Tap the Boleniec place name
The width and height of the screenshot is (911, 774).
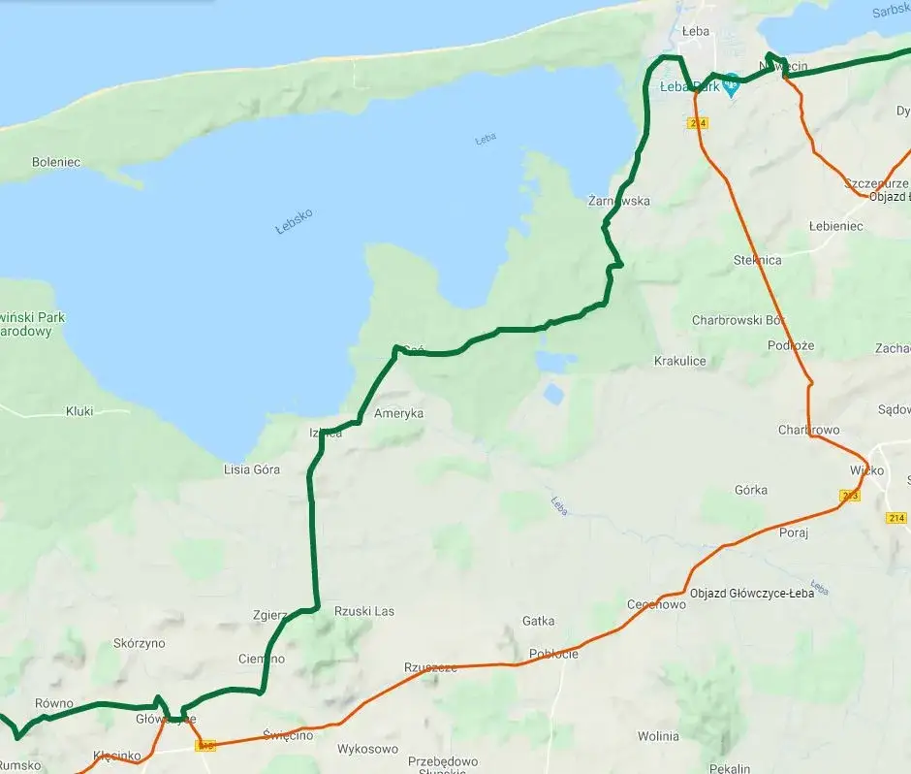point(56,162)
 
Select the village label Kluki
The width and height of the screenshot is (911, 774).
point(79,411)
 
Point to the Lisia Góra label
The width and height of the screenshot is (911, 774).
point(252,469)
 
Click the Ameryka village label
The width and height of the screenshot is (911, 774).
point(399,413)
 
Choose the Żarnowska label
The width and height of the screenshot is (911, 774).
point(619,201)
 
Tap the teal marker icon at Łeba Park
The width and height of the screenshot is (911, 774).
point(732,85)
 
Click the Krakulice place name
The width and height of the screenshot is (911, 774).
point(680,361)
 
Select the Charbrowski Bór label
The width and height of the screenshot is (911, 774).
point(738,320)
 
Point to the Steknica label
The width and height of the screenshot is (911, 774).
point(758,260)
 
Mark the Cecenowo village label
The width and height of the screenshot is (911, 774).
point(656,604)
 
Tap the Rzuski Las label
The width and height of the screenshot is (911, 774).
point(364,611)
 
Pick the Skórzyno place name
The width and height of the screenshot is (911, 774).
point(140,643)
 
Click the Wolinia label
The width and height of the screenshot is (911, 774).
point(658,736)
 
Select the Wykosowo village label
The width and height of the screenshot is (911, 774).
point(367,749)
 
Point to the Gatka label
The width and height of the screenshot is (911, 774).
point(538,621)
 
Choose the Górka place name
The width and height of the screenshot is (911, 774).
point(751,490)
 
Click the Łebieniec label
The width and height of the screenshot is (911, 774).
point(835,225)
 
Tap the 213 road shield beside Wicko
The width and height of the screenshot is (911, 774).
point(850,496)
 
